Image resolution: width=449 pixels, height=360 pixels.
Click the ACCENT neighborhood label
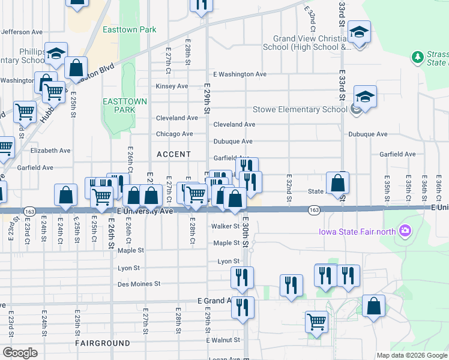(x=173, y=154)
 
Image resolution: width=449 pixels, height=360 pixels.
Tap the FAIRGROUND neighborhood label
(x=102, y=343)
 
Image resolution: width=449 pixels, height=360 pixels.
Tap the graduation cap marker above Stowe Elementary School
(x=365, y=96)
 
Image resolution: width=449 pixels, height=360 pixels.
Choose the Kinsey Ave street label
(x=172, y=86)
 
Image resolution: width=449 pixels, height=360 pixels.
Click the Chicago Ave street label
(x=174, y=134)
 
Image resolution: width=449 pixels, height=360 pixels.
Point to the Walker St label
(x=226, y=226)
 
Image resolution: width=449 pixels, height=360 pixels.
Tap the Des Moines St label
(x=139, y=284)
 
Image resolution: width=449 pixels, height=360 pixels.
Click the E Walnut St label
(x=223, y=340)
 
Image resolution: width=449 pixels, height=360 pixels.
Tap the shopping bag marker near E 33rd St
(x=338, y=183)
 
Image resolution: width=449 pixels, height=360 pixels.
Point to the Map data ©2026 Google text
(x=411, y=355)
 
